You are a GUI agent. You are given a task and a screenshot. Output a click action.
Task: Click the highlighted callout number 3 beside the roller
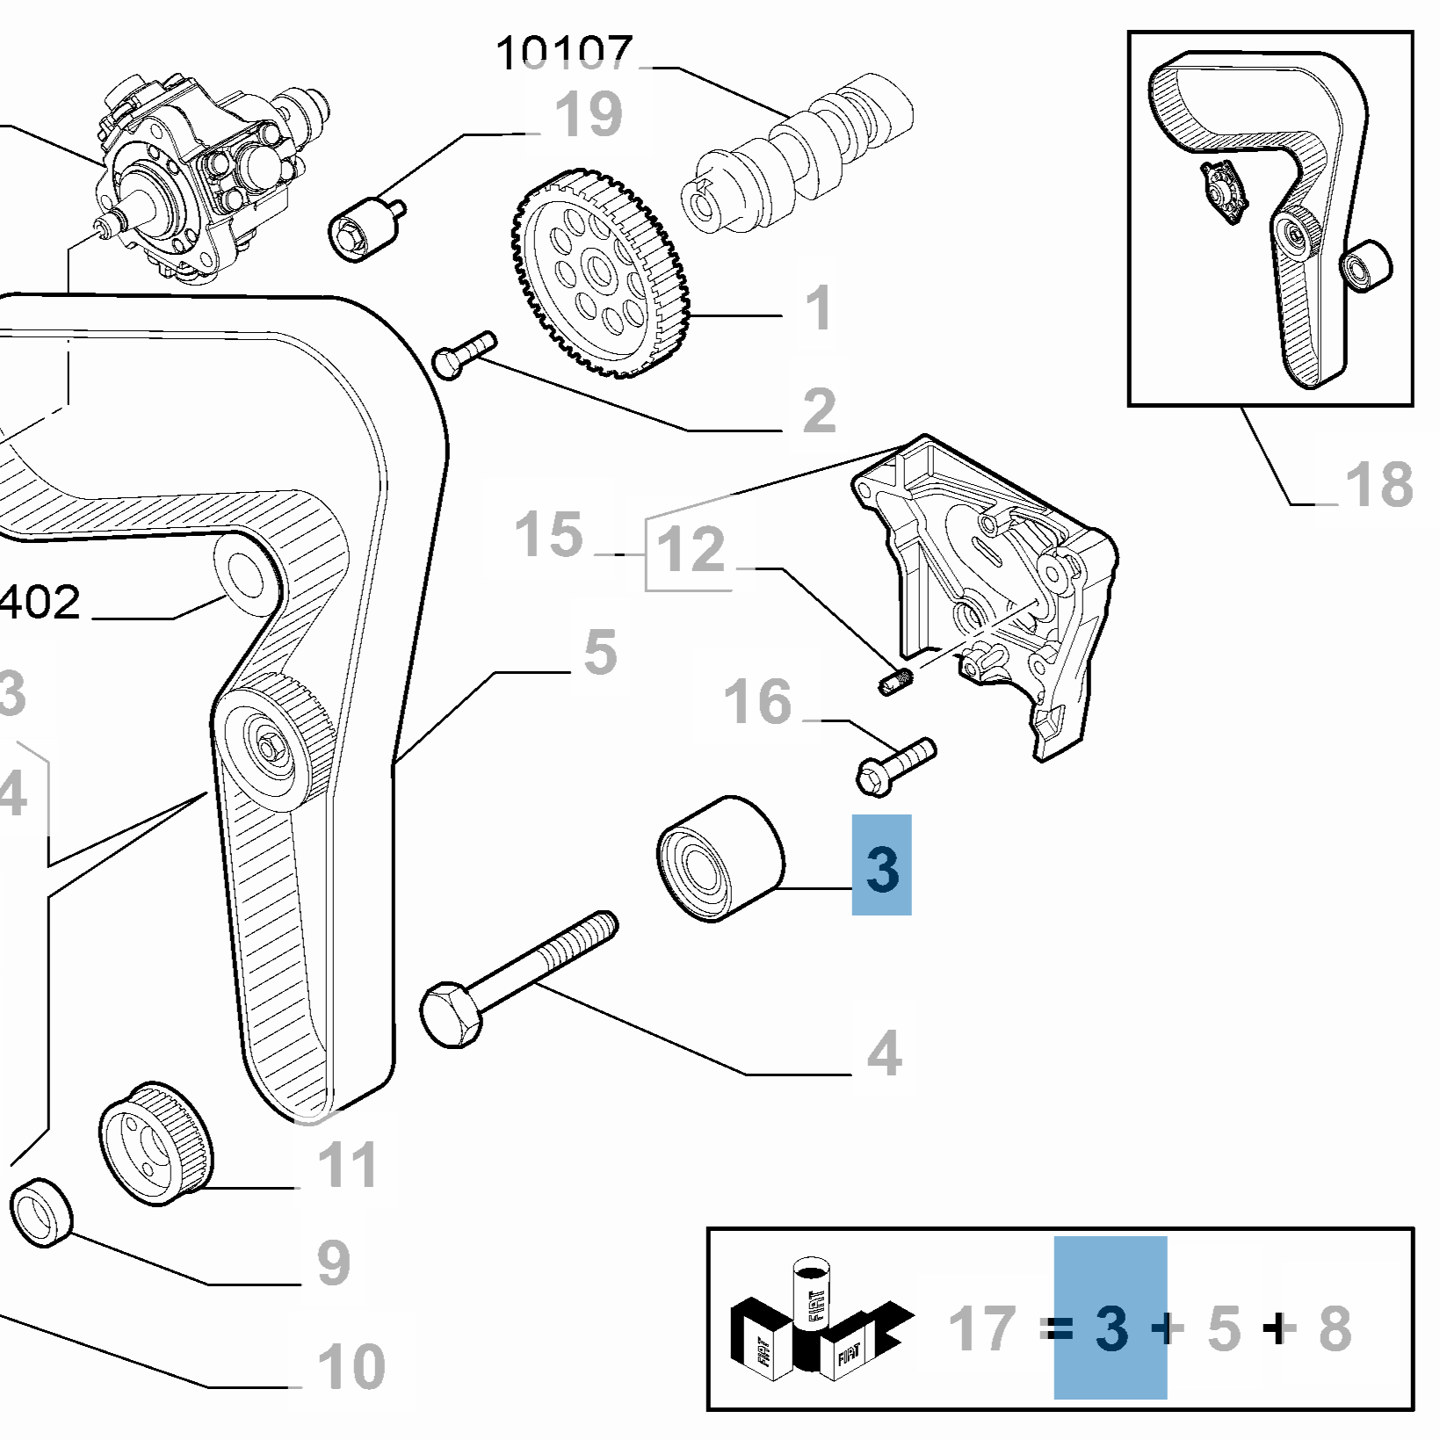click(x=881, y=866)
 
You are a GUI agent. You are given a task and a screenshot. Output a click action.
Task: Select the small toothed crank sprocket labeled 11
click(x=156, y=1145)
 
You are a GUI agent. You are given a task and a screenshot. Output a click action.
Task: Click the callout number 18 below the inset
click(x=1378, y=484)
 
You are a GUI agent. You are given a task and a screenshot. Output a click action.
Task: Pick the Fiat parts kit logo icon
click(x=821, y=1322)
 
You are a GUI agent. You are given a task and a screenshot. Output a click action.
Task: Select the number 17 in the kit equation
click(x=982, y=1328)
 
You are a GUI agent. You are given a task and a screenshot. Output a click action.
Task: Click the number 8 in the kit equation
click(x=1335, y=1328)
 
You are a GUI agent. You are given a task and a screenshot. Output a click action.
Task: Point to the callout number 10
click(x=351, y=1366)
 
